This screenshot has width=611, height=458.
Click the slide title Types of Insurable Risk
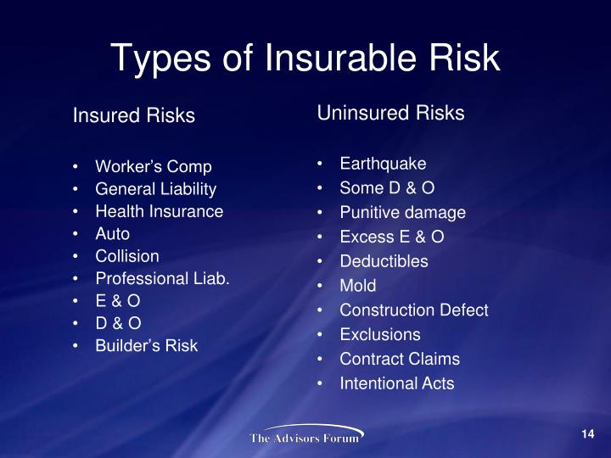305,59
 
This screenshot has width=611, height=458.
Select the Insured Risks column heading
134,115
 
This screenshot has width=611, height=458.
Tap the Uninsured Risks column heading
390,113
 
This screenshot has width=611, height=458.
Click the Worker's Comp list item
154,167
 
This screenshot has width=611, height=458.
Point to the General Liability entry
156,189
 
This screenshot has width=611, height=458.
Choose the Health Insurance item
160,211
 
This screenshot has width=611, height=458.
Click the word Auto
113,234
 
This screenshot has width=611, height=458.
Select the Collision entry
127,256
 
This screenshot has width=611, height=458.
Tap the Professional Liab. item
162,278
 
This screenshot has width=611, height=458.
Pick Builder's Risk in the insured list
147,346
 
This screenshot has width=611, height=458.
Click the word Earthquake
383,164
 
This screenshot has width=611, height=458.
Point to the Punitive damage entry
403,213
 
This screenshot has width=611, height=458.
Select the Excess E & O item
392,237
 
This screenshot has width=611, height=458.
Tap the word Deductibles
384,261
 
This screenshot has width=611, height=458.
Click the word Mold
358,286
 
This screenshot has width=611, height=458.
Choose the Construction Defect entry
414,310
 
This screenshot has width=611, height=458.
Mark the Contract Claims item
400,359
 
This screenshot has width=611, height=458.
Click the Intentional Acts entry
397,383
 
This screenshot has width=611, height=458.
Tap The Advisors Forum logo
306,434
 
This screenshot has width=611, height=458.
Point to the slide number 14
588,434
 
